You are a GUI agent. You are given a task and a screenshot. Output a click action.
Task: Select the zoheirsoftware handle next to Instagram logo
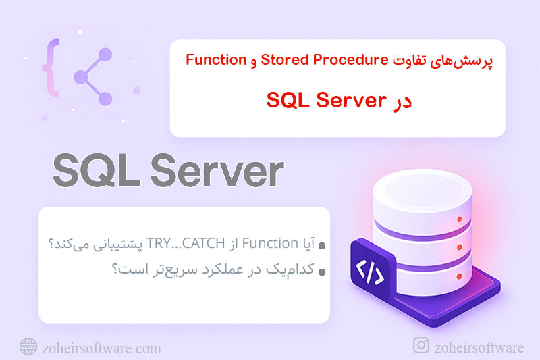coord(479,347)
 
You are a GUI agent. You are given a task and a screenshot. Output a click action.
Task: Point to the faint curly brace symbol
coord(49,71)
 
